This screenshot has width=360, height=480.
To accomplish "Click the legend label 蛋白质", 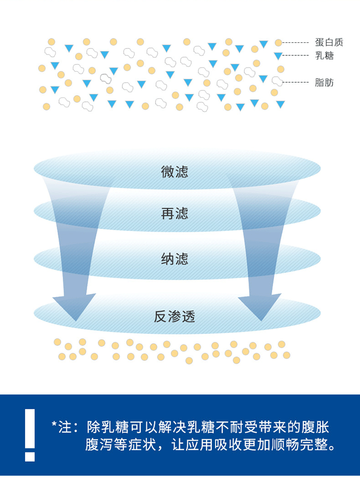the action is pos(329,42).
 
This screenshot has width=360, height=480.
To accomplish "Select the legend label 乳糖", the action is pos(324,56).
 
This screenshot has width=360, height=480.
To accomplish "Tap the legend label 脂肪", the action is pos(324,83).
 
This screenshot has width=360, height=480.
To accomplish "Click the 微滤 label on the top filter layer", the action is pos(174,172).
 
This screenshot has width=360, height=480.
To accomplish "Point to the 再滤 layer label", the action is pos(174,214).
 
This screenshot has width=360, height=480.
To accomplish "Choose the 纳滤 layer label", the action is pos(174,259).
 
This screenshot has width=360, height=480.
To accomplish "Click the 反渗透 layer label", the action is pos(174,317).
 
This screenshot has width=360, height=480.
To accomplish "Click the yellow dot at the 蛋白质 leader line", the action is pos(278,43).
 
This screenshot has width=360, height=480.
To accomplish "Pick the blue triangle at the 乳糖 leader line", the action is pos(278,56).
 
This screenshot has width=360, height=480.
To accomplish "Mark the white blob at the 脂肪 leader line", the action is pos(277,81).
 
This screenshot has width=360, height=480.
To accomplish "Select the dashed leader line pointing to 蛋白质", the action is pos(296,43).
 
